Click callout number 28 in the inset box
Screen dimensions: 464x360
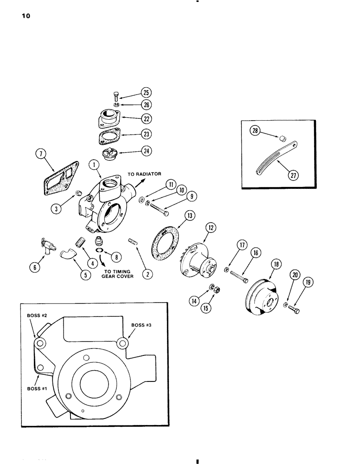click(255, 131)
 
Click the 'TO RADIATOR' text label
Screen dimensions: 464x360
click(145, 174)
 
